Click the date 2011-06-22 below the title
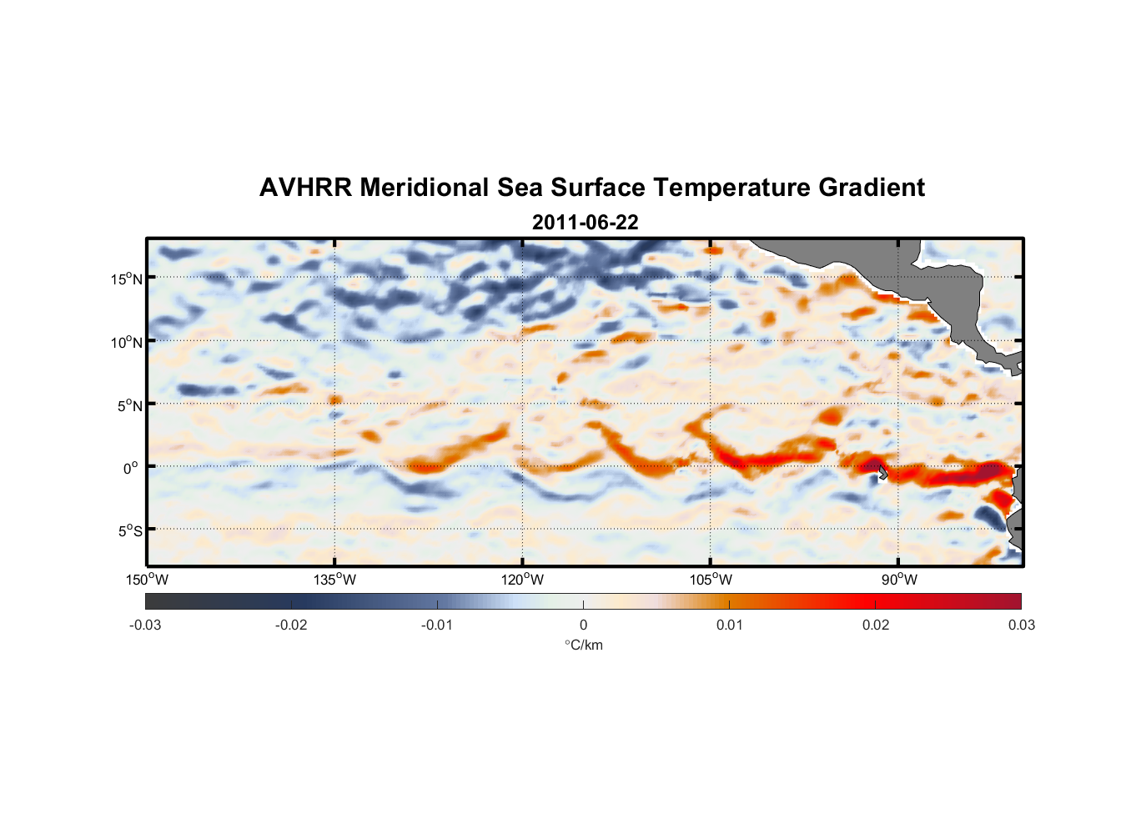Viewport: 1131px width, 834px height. click(585, 223)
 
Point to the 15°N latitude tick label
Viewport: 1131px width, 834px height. click(127, 279)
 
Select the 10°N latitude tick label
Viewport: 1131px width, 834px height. click(127, 342)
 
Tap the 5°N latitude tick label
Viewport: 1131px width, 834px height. click(129, 405)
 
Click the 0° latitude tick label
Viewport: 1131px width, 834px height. click(131, 468)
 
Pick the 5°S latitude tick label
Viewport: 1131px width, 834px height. click(129, 531)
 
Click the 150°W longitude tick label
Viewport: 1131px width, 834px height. click(148, 580)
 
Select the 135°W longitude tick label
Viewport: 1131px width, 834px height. click(335, 580)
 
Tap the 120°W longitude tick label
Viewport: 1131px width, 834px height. click(523, 580)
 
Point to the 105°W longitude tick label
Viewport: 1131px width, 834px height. click(711, 580)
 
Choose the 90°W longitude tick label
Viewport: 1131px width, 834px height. click(899, 580)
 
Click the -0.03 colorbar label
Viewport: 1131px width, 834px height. click(145, 625)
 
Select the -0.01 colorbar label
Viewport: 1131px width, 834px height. click(437, 625)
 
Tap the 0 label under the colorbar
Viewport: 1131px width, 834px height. click(583, 625)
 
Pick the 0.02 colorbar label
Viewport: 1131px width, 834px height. click(876, 625)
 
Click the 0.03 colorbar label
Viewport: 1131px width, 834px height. click(1021, 625)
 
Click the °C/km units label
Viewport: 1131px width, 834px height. click(583, 645)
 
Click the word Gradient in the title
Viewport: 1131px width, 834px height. click(872, 188)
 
